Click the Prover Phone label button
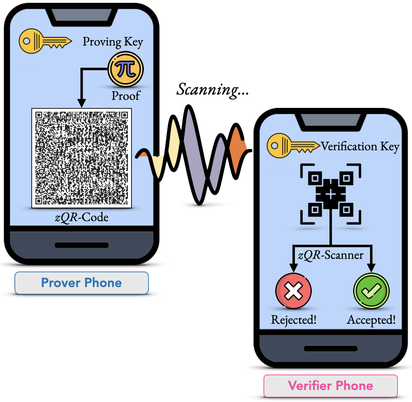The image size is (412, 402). click(81, 283)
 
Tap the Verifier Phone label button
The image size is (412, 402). click(331, 386)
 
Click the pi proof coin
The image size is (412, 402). click(126, 69)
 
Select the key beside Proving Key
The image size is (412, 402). click(45, 41)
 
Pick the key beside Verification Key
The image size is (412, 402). click(293, 146)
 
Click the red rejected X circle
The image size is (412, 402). click(293, 291)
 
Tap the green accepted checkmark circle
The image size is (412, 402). click(371, 291)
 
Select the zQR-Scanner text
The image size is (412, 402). click(331, 255)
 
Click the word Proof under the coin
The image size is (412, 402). click(126, 96)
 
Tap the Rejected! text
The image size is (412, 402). click(293, 320)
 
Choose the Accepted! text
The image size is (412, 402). click(371, 320)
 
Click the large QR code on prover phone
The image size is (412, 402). click(81, 158)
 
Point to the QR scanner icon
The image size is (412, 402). click(331, 194)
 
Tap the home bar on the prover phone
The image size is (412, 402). click(81, 245)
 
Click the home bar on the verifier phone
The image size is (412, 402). click(331, 349)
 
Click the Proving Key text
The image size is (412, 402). click(113, 42)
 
